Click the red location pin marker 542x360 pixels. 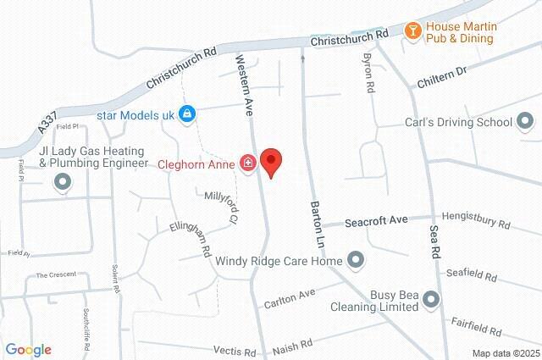click(x=270, y=161)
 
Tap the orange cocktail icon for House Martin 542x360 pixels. click(x=412, y=30)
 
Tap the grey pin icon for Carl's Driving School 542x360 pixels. click(x=526, y=122)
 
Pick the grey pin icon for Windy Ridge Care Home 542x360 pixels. click(x=355, y=260)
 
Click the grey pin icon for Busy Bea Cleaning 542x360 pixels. click(x=431, y=299)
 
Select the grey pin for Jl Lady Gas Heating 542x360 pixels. click(x=62, y=181)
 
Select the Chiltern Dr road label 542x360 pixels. click(x=442, y=77)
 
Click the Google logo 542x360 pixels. click(x=28, y=350)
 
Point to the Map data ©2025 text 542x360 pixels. click(x=505, y=353)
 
